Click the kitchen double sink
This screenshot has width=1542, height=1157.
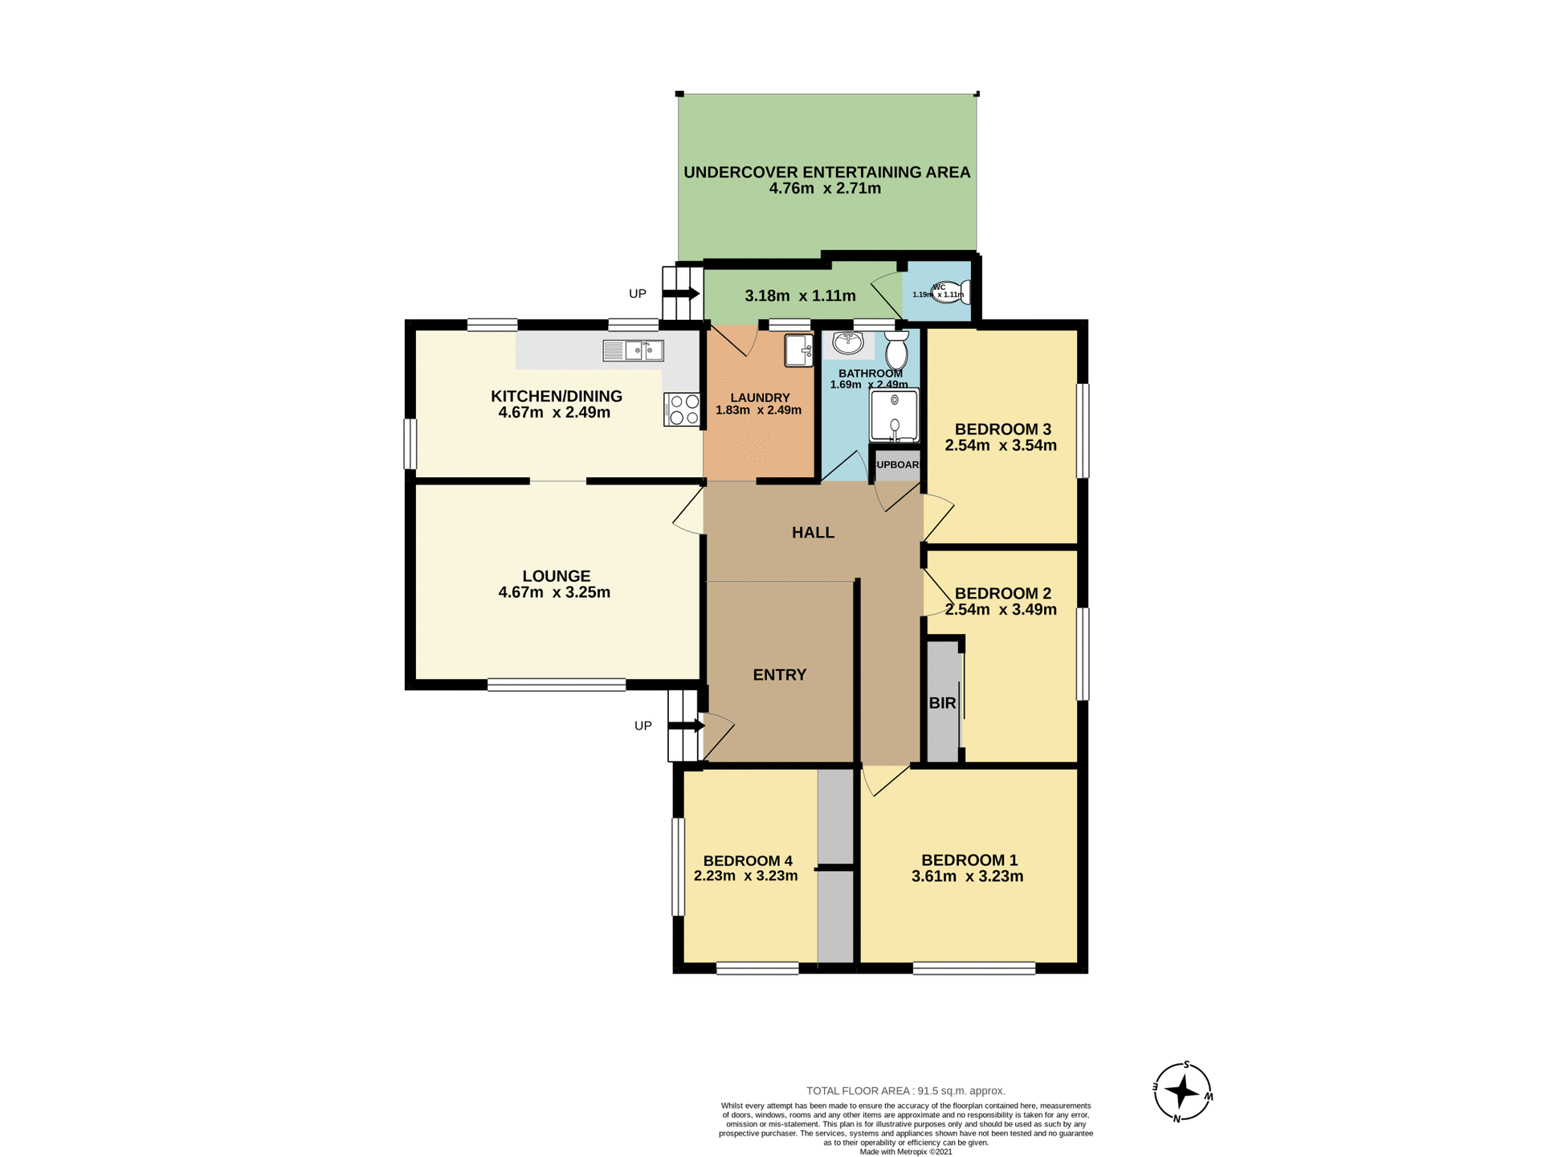click(634, 350)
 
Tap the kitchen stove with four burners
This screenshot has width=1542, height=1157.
click(682, 409)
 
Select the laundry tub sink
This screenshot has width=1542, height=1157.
click(798, 350)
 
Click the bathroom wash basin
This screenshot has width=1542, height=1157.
click(847, 344)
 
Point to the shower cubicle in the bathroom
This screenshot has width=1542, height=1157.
click(894, 415)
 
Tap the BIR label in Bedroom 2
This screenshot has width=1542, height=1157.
click(942, 703)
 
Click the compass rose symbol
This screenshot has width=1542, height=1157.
click(1182, 1091)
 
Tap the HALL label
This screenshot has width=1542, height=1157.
click(813, 533)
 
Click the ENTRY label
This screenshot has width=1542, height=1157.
click(779, 675)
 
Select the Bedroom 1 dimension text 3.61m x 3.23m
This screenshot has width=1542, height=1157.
click(967, 877)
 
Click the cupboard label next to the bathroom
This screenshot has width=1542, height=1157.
click(897, 465)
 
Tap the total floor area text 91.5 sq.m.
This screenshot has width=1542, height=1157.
click(905, 1090)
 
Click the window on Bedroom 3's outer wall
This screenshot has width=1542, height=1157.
click(1083, 431)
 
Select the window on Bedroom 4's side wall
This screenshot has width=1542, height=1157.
click(678, 866)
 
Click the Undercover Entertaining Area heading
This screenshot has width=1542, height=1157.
click(826, 172)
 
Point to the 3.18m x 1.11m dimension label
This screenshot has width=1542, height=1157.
click(800, 296)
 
